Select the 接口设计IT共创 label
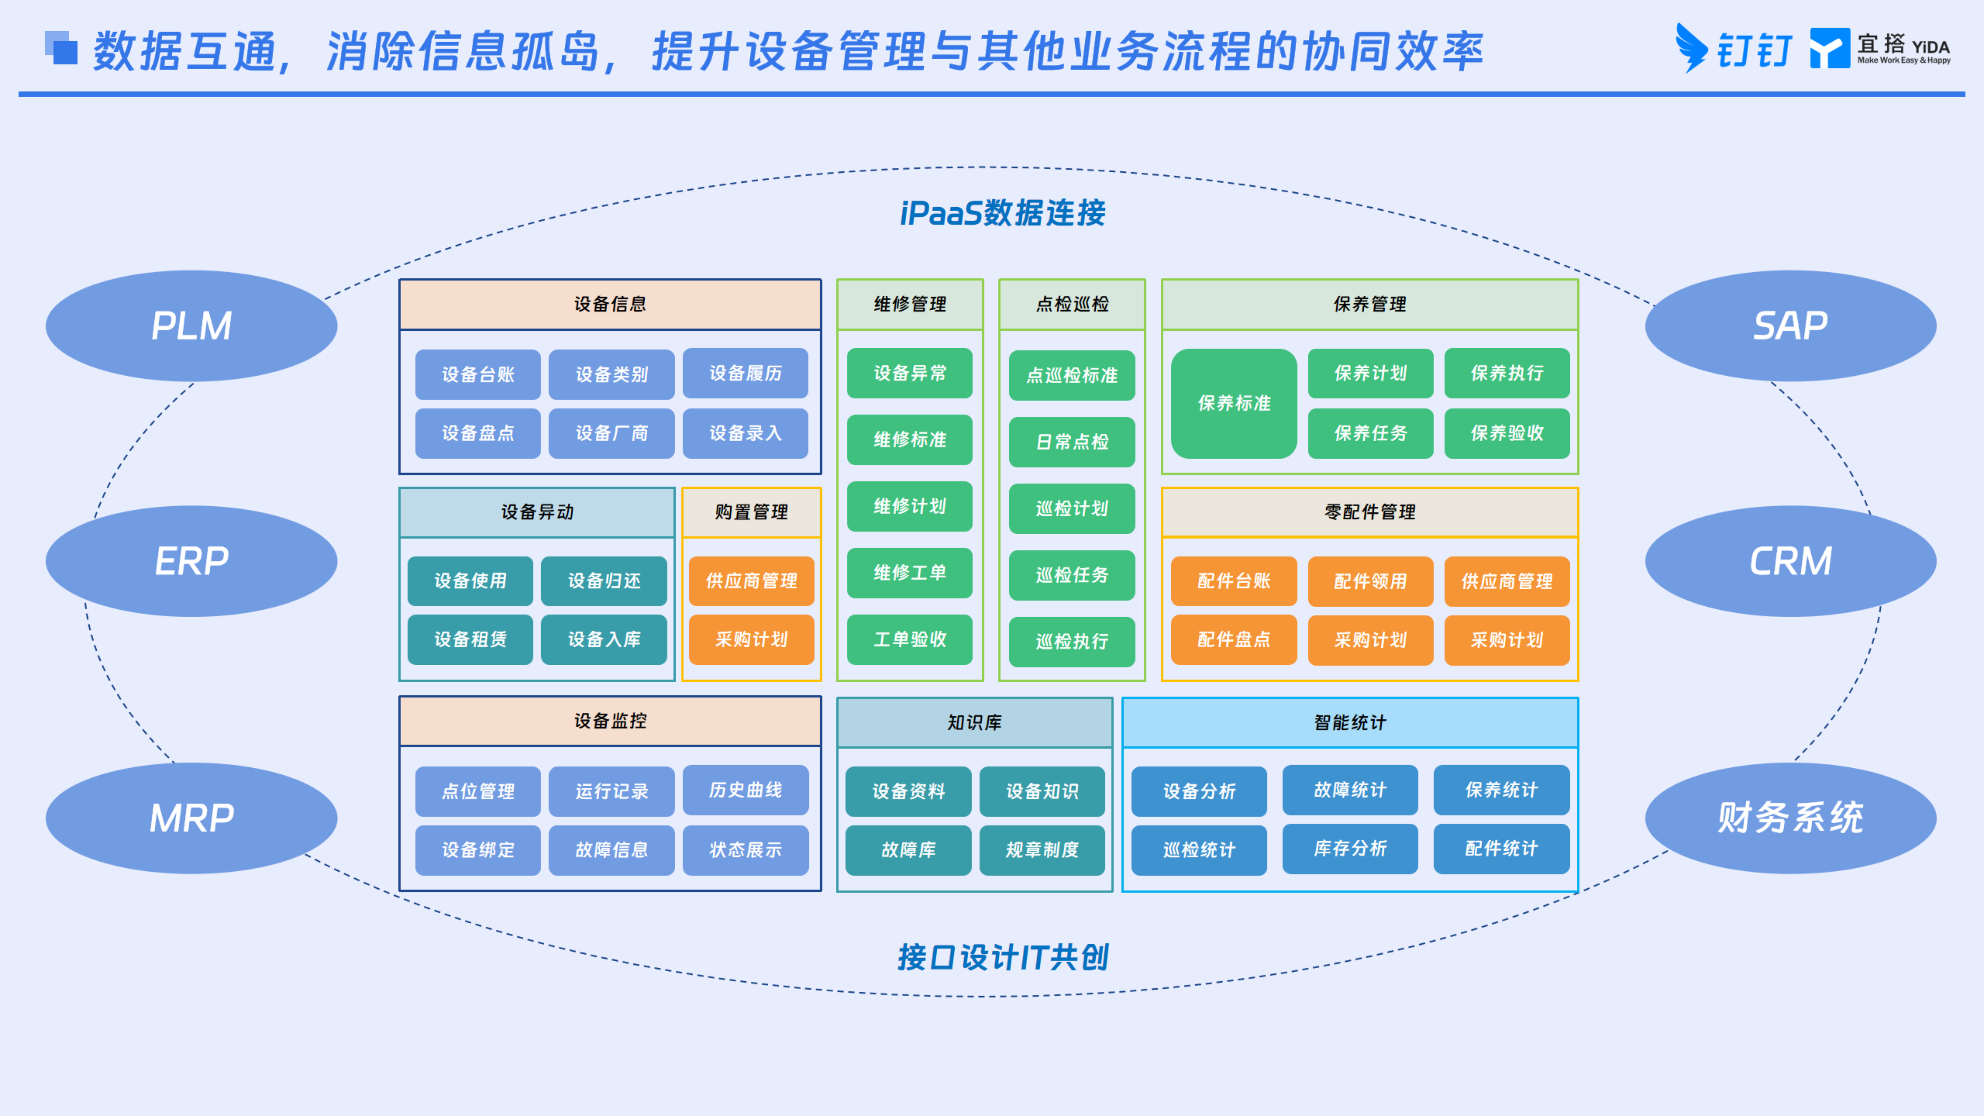tap(1003, 957)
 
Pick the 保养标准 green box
tap(1234, 403)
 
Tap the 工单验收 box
tap(910, 639)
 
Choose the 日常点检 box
tap(1072, 441)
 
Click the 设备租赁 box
tap(470, 639)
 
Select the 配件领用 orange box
tap(1370, 581)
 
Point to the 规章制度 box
tap(1042, 850)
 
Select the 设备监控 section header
tap(610, 721)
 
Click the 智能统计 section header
tap(1350, 722)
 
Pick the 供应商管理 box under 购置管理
tap(752, 581)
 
